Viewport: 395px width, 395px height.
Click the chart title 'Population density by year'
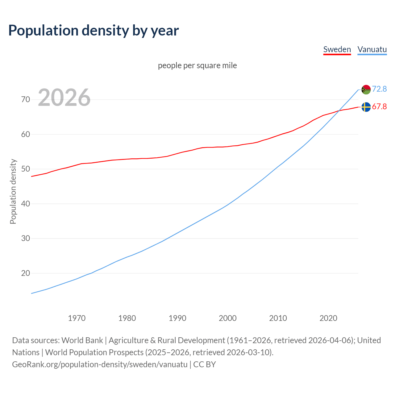(x=94, y=31)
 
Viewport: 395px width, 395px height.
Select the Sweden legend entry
(x=337, y=49)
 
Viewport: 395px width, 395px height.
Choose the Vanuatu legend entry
(x=372, y=49)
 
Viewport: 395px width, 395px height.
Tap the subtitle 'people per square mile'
(x=197, y=65)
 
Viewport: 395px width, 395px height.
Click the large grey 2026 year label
(x=64, y=98)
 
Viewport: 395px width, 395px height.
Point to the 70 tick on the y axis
(x=26, y=99)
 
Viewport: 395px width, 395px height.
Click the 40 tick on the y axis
(x=26, y=204)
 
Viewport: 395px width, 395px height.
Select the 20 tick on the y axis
(x=26, y=273)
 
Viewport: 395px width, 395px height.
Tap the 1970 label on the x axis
(x=77, y=318)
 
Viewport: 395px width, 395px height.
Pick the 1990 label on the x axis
(x=177, y=318)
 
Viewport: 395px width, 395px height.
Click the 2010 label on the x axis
(x=278, y=318)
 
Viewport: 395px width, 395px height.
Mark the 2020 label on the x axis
(x=328, y=318)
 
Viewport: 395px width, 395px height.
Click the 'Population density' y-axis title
(x=13, y=191)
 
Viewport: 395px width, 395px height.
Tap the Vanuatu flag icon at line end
(x=366, y=89)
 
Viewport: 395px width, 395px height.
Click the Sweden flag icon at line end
(x=366, y=107)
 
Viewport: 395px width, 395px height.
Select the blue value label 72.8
(x=379, y=89)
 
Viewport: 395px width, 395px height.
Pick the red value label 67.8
(x=379, y=106)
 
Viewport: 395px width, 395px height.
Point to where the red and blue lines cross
(x=339, y=111)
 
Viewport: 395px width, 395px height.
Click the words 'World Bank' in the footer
(x=82, y=340)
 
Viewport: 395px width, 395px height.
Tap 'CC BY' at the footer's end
(x=205, y=364)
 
